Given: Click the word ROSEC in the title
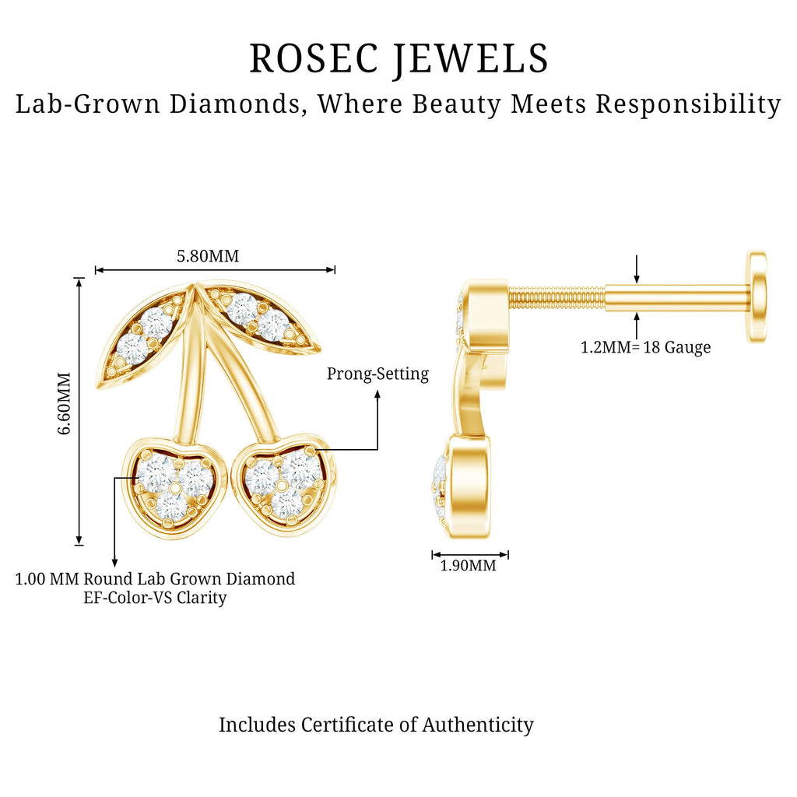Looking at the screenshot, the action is pyautogui.click(x=314, y=58).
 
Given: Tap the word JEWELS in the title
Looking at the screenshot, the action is pyautogui.click(x=471, y=59).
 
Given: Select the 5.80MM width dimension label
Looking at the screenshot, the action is pyautogui.click(x=208, y=255).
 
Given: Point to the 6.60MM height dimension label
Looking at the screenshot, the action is pyautogui.click(x=64, y=403).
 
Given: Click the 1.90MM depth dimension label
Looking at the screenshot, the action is pyautogui.click(x=468, y=565).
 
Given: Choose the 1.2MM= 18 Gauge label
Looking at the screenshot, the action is pyautogui.click(x=645, y=348).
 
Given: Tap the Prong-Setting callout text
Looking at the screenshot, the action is pyautogui.click(x=377, y=374).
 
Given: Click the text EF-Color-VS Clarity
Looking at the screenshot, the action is pyautogui.click(x=155, y=598).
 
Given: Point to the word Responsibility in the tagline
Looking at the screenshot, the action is pyautogui.click(x=688, y=104).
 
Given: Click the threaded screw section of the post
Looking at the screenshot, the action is pyautogui.click(x=556, y=298).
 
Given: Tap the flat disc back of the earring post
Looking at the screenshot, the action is pyautogui.click(x=757, y=297).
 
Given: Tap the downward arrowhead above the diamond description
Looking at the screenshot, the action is pyautogui.click(x=115, y=562).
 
